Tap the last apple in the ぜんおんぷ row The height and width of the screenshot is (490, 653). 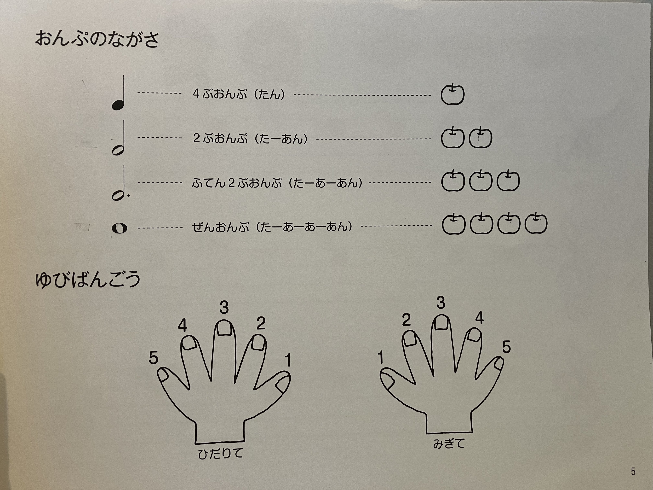point(536,224)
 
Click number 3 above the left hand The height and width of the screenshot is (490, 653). point(224,308)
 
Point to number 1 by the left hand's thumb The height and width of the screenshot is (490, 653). point(288,360)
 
